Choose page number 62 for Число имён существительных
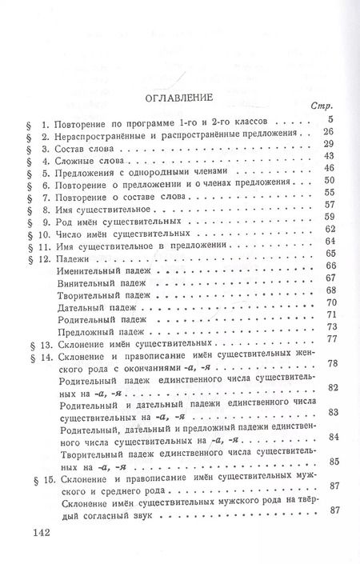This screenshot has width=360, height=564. (x=328, y=230)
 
